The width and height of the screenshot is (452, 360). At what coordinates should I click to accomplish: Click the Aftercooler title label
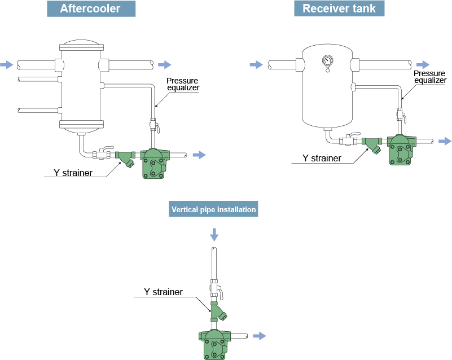90,9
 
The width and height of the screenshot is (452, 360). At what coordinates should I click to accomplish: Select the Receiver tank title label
339,8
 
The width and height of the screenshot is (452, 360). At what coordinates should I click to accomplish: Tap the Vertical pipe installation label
214,209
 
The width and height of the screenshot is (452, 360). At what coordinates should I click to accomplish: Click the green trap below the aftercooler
154,164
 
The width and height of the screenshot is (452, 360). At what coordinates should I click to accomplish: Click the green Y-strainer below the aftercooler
125,157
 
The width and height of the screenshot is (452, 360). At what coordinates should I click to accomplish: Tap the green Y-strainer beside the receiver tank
372,144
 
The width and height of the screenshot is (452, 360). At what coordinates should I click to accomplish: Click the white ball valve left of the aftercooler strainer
103,153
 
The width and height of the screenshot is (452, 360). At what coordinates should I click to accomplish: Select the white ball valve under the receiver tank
349,139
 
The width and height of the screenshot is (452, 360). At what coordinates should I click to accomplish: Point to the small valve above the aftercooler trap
153,125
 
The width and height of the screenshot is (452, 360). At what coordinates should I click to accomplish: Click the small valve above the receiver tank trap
401,115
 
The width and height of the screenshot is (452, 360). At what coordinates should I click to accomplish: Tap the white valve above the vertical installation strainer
216,288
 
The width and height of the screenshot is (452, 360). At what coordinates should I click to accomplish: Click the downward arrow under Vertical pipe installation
214,234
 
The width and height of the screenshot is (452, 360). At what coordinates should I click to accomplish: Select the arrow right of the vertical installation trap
259,336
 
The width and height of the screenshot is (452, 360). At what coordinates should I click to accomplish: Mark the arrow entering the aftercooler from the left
6,65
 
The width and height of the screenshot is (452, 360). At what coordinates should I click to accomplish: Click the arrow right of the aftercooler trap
199,155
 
